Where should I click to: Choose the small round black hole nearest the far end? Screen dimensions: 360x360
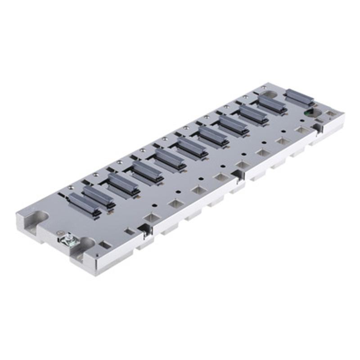(x=284, y=131)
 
